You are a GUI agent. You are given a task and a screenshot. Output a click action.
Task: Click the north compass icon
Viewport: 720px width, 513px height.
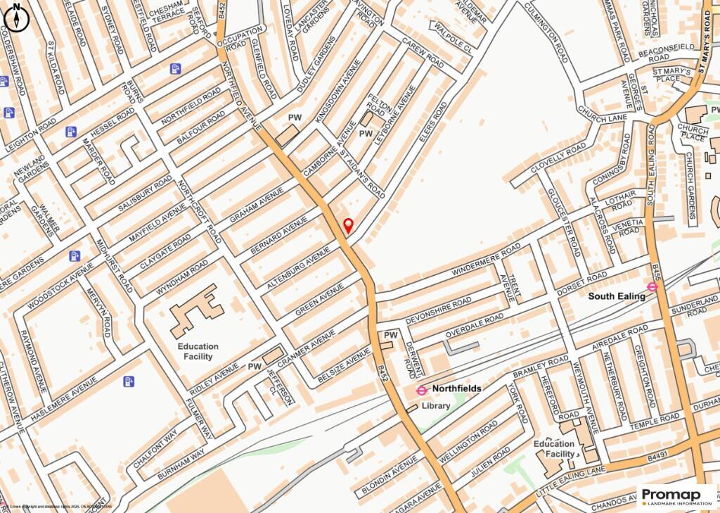pos(15,16)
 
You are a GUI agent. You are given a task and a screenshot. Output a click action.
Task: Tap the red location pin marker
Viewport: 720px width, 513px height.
pos(347,226)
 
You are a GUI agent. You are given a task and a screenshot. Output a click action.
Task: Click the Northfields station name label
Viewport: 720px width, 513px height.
pos(456,388)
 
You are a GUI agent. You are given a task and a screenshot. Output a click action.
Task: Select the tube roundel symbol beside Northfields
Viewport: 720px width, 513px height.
pos(422,390)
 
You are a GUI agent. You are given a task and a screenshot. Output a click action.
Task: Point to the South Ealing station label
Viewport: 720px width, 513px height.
pos(617,296)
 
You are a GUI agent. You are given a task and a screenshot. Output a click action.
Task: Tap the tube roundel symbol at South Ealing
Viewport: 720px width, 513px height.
pos(652,286)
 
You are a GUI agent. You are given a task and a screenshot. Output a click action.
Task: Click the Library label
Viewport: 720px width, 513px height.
pos(436,406)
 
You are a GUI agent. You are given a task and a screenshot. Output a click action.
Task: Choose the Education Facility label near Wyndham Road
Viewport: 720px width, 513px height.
pos(198,351)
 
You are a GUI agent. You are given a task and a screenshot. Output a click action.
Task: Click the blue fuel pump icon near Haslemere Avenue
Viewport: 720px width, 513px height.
pos(129,381)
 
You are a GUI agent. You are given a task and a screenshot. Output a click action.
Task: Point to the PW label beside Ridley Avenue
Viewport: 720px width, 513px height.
pos(254,367)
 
